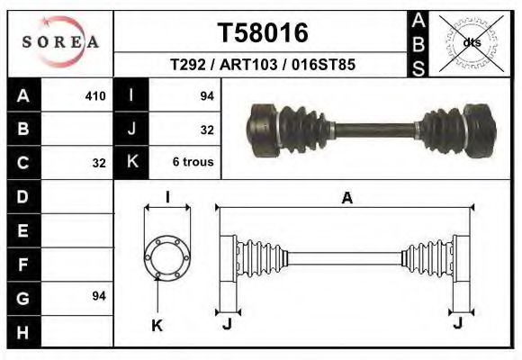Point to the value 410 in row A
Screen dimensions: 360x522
click(94, 95)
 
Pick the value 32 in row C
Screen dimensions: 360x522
click(99, 164)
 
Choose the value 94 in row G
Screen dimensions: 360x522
click(99, 296)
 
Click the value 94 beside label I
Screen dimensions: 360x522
click(206, 95)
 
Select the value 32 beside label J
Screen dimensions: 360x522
click(206, 130)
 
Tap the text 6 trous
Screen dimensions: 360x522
click(193, 163)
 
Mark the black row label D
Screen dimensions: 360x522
click(23, 196)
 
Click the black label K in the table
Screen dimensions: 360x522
click(132, 163)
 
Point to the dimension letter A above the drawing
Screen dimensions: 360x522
click(346, 200)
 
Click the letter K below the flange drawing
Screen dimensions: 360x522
click(157, 326)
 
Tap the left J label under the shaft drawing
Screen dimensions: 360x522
click(227, 325)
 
